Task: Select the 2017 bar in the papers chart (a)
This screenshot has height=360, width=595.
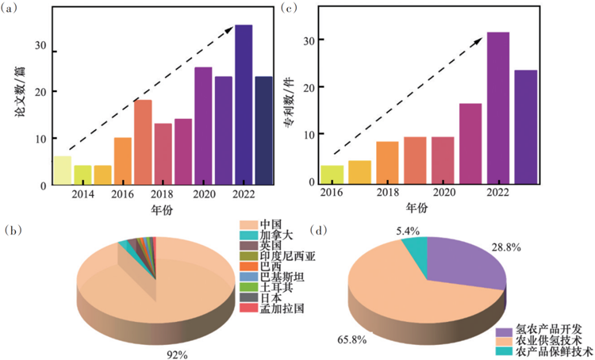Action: tap(143, 142)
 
